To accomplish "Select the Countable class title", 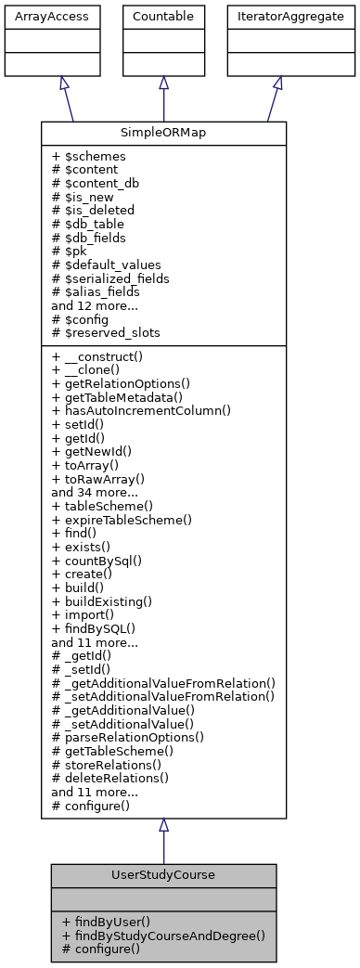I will pos(163,17).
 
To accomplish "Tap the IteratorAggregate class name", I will pos(277,17).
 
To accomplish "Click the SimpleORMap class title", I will pos(163,134).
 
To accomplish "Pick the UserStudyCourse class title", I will pos(163,875).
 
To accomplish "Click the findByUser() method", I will pos(108,923).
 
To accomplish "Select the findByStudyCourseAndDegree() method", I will pos(163,936).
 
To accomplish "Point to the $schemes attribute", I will pos(90,158).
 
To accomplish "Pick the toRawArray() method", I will pos(105,479).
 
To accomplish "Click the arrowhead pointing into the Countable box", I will pos(163,83).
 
